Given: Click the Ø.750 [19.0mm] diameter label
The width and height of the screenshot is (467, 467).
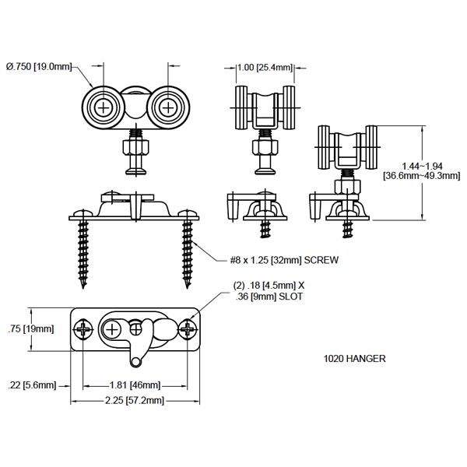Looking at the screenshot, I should coord(39,67).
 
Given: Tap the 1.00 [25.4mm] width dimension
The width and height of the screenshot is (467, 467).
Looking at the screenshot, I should coord(265,67).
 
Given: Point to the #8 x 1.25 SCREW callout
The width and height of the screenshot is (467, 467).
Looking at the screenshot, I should coord(285,259).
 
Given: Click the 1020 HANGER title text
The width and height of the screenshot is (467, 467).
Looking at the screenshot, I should coord(355,359).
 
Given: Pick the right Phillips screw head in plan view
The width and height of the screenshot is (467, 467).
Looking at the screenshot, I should coord(188,330).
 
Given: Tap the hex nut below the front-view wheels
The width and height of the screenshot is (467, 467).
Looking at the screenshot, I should coord(134,146).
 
